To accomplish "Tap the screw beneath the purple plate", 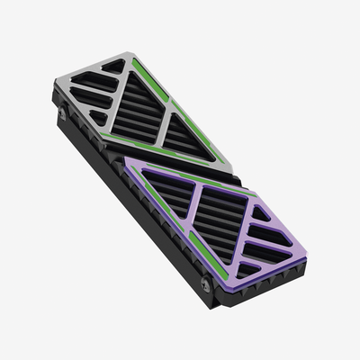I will pos(206,286).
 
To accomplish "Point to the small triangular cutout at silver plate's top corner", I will pos(114,66).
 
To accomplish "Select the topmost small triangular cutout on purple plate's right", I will pos(262,213).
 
